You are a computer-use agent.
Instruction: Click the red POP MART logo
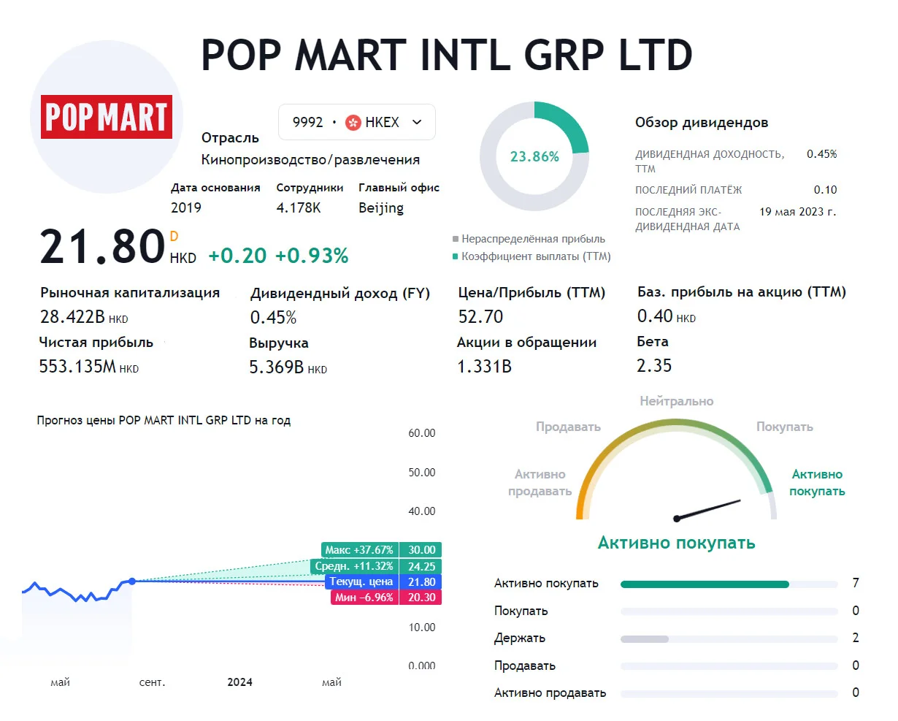click(x=107, y=116)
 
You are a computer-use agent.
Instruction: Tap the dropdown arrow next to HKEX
click(x=417, y=122)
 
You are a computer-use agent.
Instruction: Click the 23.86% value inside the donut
click(x=534, y=156)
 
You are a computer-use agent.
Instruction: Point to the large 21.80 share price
click(x=102, y=246)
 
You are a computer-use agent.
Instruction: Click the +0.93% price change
click(x=312, y=256)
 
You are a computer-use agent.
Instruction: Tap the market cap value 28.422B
click(x=72, y=316)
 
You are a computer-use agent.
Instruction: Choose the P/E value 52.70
click(x=480, y=316)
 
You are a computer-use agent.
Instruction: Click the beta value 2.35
click(x=654, y=366)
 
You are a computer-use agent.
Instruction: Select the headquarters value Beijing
click(x=381, y=208)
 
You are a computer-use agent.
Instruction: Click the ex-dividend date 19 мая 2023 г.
click(x=798, y=212)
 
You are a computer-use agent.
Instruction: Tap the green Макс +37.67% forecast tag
click(x=360, y=550)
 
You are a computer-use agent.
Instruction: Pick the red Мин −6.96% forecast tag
click(x=365, y=598)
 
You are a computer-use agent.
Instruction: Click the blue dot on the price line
click(x=132, y=581)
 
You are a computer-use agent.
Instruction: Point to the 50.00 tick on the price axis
click(x=422, y=472)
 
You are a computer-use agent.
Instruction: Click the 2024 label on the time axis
click(x=240, y=682)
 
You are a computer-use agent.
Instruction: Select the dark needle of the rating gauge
click(x=707, y=510)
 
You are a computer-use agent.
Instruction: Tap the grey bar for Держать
click(x=645, y=638)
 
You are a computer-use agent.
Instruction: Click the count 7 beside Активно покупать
click(x=856, y=583)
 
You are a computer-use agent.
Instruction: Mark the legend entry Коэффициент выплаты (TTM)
click(x=532, y=256)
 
